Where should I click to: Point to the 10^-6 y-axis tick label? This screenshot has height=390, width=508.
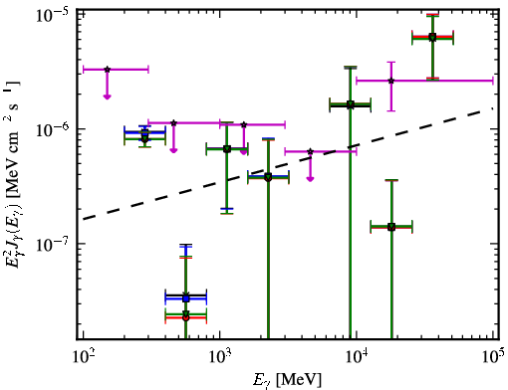click(x=51, y=129)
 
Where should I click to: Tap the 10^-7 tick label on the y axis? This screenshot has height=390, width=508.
click(x=51, y=244)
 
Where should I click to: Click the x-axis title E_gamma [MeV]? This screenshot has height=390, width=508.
click(x=287, y=380)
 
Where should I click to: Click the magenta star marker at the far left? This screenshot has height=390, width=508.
click(x=107, y=70)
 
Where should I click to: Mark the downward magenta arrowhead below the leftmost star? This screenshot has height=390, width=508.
click(x=107, y=97)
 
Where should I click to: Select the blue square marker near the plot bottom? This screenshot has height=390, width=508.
click(x=186, y=298)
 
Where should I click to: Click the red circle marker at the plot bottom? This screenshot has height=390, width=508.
click(x=186, y=317)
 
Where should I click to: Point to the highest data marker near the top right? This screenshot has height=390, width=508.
click(x=432, y=37)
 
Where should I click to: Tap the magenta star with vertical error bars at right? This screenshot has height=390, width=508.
click(x=391, y=81)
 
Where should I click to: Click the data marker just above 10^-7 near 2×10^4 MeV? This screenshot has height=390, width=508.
click(x=391, y=227)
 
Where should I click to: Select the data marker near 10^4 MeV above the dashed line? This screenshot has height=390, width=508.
click(x=351, y=105)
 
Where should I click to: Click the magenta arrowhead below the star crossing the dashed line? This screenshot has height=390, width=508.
click(x=310, y=179)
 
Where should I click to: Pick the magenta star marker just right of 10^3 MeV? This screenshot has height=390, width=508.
click(x=244, y=124)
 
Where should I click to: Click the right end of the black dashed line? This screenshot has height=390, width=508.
click(x=492, y=107)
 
